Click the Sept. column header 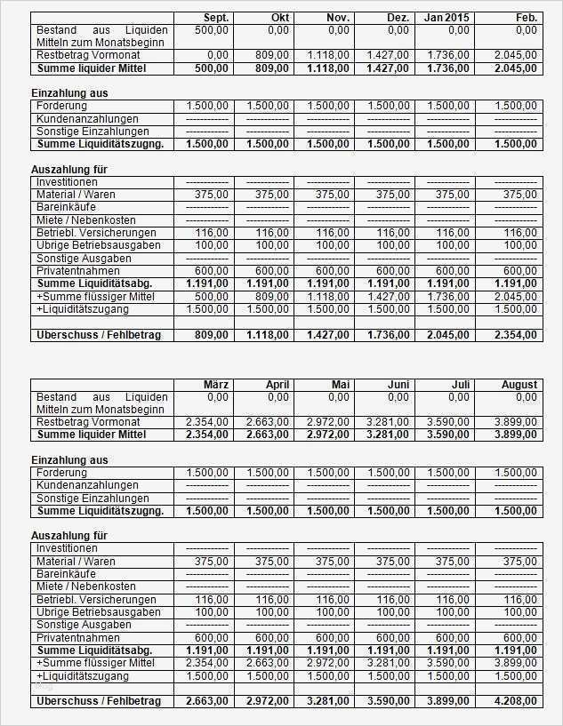click(216, 18)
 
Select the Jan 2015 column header click(446, 18)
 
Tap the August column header click(519, 385)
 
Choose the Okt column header click(278, 18)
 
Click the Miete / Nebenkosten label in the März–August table click(85, 586)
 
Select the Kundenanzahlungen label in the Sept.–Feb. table click(87, 119)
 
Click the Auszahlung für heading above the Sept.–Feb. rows click(69, 169)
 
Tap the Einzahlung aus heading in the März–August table click(69, 460)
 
